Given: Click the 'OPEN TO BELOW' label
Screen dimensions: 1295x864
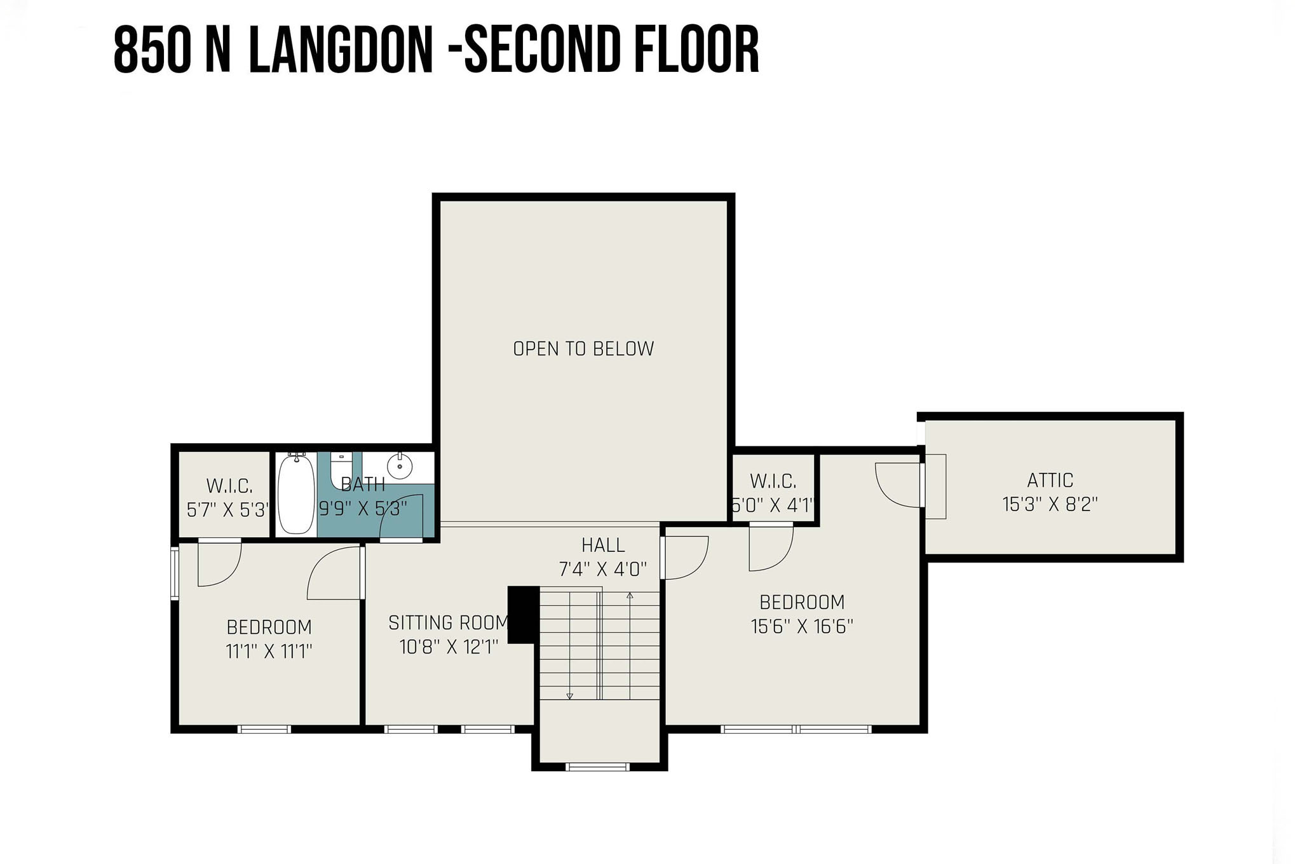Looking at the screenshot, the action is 583,348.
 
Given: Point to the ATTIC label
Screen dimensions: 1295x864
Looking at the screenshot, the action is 1050,480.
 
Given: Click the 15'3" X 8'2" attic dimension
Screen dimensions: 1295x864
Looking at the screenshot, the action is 1050,504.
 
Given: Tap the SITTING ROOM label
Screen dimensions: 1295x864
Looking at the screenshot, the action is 449,622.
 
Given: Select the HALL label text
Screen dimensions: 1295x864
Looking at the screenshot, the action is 603,545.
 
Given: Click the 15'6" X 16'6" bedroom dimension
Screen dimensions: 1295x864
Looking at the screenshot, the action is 802,626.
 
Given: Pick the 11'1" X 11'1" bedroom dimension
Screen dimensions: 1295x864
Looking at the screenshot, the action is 269,652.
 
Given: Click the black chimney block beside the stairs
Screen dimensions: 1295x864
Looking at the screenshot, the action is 523,614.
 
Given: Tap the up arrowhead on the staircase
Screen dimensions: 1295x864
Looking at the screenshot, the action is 630,596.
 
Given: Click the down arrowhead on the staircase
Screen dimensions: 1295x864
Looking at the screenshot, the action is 569,696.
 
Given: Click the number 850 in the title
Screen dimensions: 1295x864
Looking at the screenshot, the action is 152,50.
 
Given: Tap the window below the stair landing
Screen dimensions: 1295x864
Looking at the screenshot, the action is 597,767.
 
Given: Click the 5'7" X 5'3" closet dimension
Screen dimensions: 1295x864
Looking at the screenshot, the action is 228,509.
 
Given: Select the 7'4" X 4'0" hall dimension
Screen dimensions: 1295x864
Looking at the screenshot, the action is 603,569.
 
